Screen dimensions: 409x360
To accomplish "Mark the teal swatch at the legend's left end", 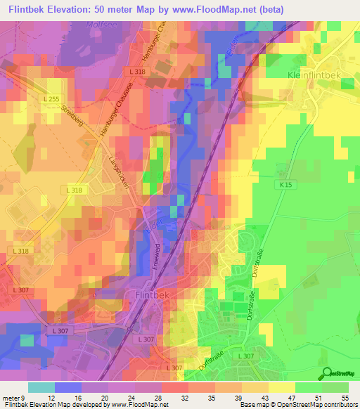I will pos(41,387).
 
